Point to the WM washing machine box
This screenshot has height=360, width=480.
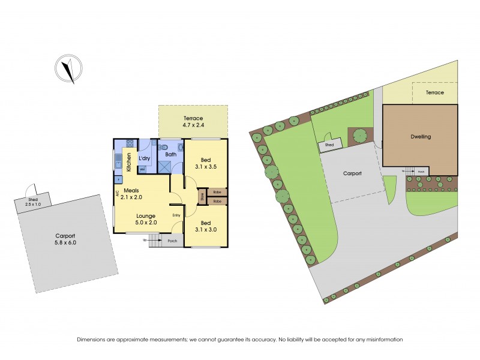point(143,169)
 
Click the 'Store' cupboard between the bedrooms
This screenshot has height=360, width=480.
point(202,196)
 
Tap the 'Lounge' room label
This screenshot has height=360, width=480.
point(146,216)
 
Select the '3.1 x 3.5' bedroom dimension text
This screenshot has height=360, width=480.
point(206,167)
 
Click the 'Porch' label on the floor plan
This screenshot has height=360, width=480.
point(173,241)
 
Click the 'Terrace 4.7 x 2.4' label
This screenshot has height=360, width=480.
point(193,122)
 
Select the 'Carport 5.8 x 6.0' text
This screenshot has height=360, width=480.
point(67,239)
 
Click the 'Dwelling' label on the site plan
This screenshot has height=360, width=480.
point(421,136)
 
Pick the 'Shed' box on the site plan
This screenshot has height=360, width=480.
point(329,145)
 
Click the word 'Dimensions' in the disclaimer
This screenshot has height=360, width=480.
point(93,340)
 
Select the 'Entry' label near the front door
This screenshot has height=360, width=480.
point(176,215)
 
